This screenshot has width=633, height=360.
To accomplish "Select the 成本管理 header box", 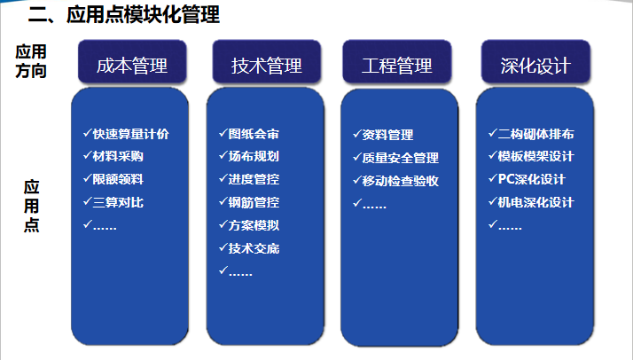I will coord(131,65).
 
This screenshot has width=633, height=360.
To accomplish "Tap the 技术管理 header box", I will coord(267,65).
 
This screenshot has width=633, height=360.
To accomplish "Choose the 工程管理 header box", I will coord(398,65).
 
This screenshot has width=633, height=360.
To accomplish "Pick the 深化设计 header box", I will coord(535,65).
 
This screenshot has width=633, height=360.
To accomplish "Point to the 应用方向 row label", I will coord(31,61).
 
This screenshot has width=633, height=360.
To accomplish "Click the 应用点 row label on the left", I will coord(32,206).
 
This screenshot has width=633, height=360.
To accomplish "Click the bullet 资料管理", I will coord(387,135).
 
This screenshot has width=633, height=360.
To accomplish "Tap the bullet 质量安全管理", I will coord(400,158).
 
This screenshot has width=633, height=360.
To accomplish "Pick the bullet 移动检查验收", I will coord(400,181).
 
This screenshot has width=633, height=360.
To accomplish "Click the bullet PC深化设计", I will coord(526,179).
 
